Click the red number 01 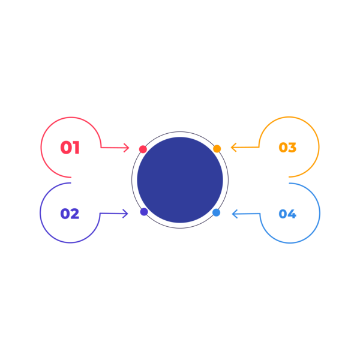click(x=70, y=148)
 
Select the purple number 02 click(x=70, y=214)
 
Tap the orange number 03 click(x=287, y=148)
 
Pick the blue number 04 click(x=287, y=214)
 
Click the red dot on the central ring click(x=143, y=149)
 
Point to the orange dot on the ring click(x=217, y=149)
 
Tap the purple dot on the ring click(x=144, y=212)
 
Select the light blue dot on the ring click(x=216, y=212)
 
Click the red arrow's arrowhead click(x=127, y=148)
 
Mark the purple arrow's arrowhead click(x=125, y=214)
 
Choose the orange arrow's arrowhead click(x=233, y=148)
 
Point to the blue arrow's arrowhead click(x=235, y=214)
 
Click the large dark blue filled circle click(x=180, y=180)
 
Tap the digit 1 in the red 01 click(x=77, y=148)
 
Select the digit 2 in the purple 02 click(x=75, y=214)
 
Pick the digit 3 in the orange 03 click(x=292, y=148)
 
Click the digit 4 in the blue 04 click(x=292, y=214)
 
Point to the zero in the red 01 click(x=67, y=148)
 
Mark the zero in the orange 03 click(x=283, y=148)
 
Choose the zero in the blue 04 click(x=283, y=214)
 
